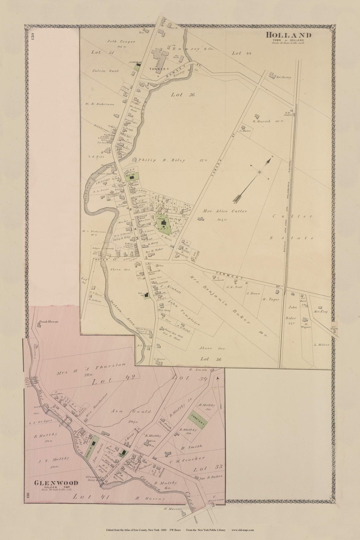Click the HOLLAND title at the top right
(x=289, y=35)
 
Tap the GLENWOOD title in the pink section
(x=56, y=483)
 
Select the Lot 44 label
(x=242, y=53)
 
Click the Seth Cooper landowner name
(x=121, y=42)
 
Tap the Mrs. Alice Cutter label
(x=225, y=211)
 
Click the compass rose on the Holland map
(x=260, y=172)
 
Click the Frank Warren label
(x=48, y=322)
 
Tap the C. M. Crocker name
(x=187, y=460)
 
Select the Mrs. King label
(x=320, y=311)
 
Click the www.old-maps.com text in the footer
(x=243, y=530)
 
